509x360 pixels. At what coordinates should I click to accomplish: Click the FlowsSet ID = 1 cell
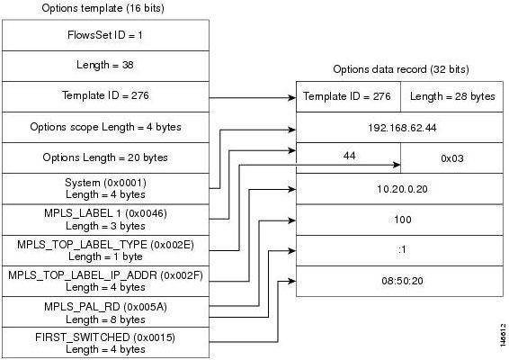pos(105,35)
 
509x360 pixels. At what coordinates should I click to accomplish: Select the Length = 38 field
pos(105,66)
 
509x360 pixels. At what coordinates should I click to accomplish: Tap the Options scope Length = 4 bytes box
pos(105,128)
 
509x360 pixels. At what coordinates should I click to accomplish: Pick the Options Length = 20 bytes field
pos(105,157)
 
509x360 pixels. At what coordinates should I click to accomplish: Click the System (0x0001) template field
pos(105,189)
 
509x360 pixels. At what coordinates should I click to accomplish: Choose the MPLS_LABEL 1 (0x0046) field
pos(105,220)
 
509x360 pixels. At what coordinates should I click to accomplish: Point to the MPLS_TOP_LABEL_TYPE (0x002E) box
pos(105,250)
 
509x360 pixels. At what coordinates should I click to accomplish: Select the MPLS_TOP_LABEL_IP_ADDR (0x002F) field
pos(105,281)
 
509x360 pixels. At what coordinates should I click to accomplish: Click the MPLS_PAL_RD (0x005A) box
pos(105,312)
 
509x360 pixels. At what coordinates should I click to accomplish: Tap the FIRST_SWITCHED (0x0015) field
pos(105,343)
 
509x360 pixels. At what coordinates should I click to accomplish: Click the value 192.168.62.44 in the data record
pos(402,128)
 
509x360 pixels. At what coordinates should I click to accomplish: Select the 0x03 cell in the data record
pos(451,158)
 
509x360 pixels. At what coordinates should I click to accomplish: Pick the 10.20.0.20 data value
pos(402,189)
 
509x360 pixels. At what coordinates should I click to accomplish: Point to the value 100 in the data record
pos(403,220)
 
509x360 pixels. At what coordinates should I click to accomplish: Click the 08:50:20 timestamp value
pos(402,281)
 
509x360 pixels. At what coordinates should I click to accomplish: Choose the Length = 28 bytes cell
pos(451,96)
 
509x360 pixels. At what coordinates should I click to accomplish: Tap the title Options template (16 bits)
pos(103,8)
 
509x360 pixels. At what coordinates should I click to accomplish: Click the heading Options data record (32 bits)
pos(401,69)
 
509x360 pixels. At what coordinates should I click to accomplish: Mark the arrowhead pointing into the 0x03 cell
pos(397,165)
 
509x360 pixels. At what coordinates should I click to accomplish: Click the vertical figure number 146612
pos(503,335)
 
